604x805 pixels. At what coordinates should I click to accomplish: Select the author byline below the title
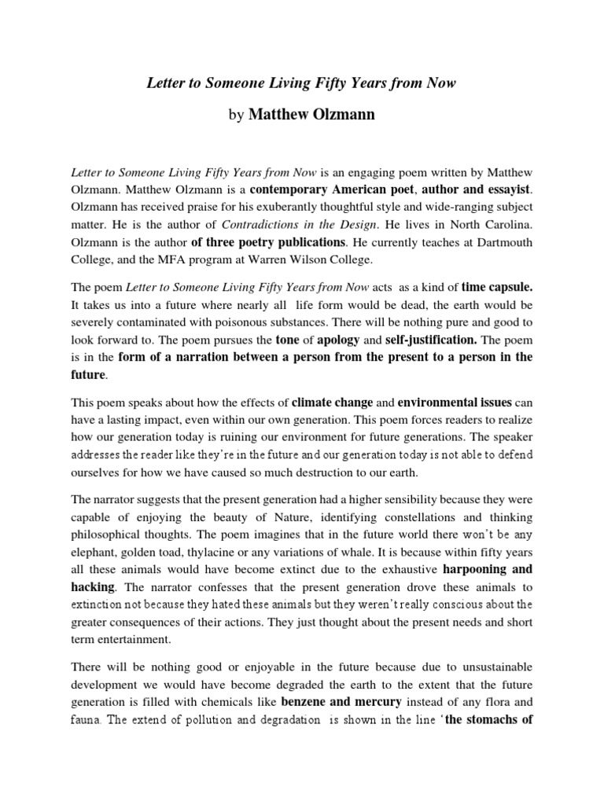(302, 116)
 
